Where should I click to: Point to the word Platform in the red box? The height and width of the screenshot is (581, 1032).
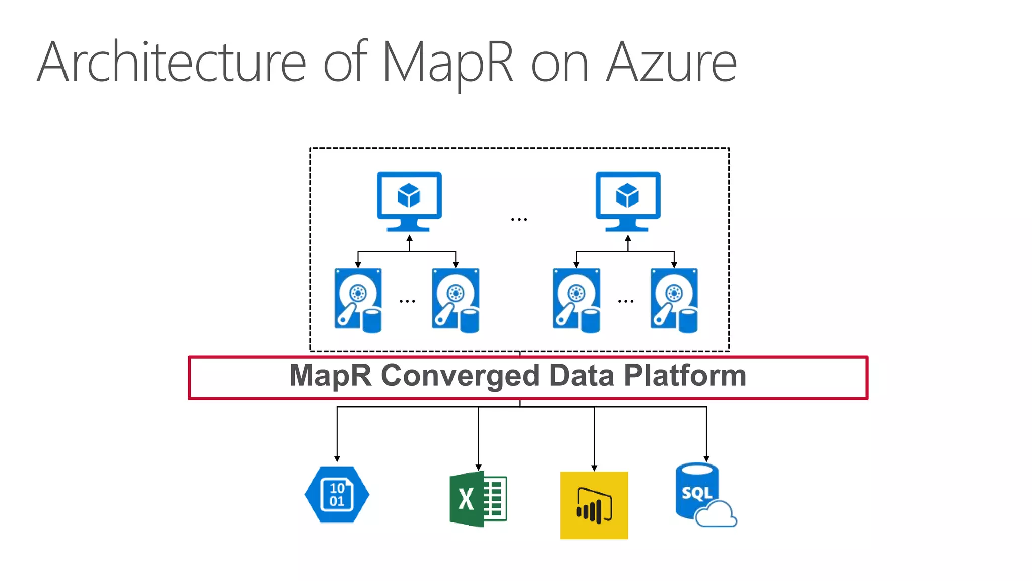pyautogui.click(x=685, y=375)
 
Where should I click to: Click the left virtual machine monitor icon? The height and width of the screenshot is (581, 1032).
pyautogui.click(x=409, y=201)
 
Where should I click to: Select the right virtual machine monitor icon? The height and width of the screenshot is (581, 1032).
pyautogui.click(x=628, y=201)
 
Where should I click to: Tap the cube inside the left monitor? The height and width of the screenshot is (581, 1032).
pyautogui.click(x=409, y=195)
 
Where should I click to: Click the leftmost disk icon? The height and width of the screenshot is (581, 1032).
pyautogui.click(x=358, y=301)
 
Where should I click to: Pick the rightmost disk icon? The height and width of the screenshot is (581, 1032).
pyautogui.click(x=674, y=301)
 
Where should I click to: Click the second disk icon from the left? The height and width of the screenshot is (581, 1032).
pyautogui.click(x=456, y=301)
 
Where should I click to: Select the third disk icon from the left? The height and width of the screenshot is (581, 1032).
pyautogui.click(x=576, y=301)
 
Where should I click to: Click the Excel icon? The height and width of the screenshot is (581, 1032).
pyautogui.click(x=478, y=499)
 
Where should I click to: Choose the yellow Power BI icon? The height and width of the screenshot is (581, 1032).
pyautogui.click(x=594, y=505)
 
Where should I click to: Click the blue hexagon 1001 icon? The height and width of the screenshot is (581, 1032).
pyautogui.click(x=337, y=494)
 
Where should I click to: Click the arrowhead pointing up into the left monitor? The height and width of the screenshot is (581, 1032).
pyautogui.click(x=409, y=238)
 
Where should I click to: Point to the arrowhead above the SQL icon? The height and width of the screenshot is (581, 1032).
pyautogui.click(x=706, y=459)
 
